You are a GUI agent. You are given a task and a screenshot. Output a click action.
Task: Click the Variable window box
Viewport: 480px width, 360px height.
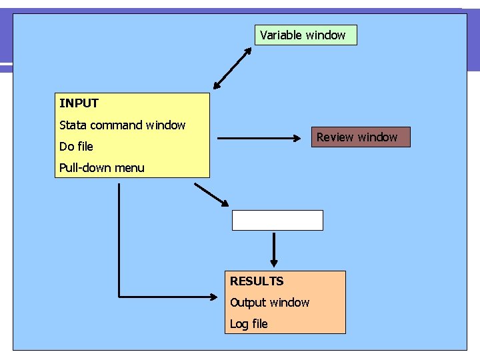pos(305,35)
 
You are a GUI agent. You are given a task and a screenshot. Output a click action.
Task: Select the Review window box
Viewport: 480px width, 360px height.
pos(361,137)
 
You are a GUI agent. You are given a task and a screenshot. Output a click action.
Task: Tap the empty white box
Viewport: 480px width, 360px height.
pos(277,220)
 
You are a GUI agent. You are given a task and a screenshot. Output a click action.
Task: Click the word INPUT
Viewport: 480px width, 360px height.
pos(79,103)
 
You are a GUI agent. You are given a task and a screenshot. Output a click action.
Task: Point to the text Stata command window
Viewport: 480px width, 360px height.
pos(122,125)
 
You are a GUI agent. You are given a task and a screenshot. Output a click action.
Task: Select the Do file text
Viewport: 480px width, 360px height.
pos(76,147)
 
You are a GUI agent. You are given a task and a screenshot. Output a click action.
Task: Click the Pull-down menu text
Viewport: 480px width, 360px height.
pos(101,168)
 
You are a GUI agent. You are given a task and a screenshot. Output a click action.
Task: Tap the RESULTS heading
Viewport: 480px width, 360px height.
pos(257,281)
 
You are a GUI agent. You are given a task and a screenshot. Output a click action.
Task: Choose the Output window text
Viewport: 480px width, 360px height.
pos(269,303)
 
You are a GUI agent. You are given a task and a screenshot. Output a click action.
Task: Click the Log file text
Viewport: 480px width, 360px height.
pos(249,324)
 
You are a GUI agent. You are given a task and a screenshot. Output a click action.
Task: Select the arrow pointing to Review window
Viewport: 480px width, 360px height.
pos(260,139)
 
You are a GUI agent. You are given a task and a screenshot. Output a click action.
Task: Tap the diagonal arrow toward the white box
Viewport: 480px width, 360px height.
pos(211,194)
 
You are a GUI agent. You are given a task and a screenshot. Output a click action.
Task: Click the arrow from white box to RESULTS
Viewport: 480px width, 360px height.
pos(273,249)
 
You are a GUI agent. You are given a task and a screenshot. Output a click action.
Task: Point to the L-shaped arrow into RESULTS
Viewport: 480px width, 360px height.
pos(119,267)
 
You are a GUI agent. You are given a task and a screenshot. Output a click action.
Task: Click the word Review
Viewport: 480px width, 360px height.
pos(336,137)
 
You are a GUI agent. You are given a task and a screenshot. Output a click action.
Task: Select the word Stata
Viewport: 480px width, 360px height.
pos(73,125)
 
